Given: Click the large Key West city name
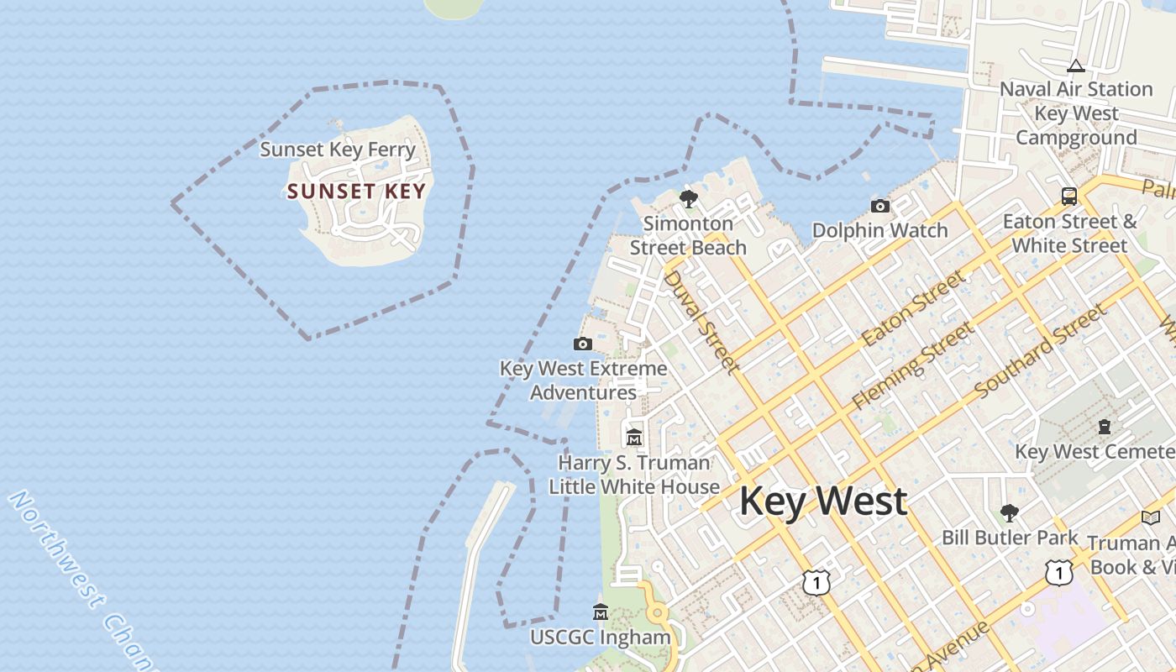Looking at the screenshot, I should point(822,501).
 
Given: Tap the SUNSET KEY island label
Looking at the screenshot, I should point(356,192).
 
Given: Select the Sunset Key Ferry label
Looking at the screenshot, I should point(338,150).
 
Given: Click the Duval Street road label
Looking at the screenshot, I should point(701,321).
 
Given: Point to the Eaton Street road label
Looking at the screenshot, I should point(913,308).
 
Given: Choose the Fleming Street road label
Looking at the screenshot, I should point(913,366).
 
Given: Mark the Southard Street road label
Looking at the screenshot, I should point(1041,352).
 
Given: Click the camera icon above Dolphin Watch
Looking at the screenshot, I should point(879,206).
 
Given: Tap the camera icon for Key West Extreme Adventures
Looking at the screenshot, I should point(582,344).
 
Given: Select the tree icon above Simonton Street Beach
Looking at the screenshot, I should point(688,199).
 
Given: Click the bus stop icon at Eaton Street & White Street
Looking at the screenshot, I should point(1068,197).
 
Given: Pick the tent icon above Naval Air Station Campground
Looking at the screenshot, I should point(1075,66).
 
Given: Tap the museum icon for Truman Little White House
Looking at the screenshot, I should point(634,438).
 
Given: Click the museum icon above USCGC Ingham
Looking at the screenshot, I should point(600,612).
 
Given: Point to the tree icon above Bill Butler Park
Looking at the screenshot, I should point(1009,512).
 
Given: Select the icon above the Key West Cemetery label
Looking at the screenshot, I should point(1104,427).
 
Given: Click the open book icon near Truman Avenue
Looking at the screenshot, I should point(1150,518).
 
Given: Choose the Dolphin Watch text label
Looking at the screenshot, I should point(879,230).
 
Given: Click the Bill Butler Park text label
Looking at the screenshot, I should point(1009,538).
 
